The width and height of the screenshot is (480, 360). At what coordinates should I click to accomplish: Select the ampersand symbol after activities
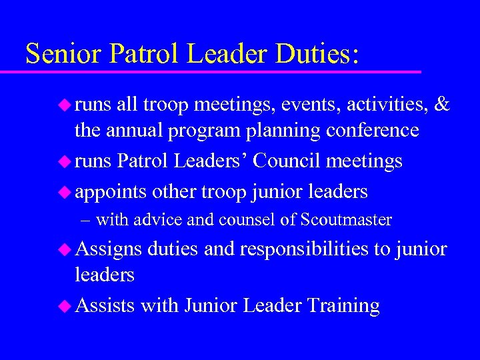pyautogui.click(x=442, y=105)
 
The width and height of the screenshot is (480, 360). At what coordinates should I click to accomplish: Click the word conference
pyautogui.click(x=373, y=130)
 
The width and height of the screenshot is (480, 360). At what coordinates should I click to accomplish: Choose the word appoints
pyautogui.click(x=111, y=193)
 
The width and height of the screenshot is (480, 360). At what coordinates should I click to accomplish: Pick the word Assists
pyautogui.click(x=105, y=306)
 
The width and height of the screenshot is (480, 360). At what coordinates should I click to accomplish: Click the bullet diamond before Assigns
pyautogui.click(x=65, y=249)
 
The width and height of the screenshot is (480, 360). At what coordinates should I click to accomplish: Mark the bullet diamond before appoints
pyautogui.click(x=65, y=192)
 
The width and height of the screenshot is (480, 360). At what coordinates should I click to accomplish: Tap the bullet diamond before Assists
pyautogui.click(x=65, y=306)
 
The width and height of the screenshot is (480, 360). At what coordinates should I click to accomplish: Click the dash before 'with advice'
pyautogui.click(x=87, y=219)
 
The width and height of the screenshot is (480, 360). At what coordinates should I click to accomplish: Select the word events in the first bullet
pyautogui.click(x=304, y=105)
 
